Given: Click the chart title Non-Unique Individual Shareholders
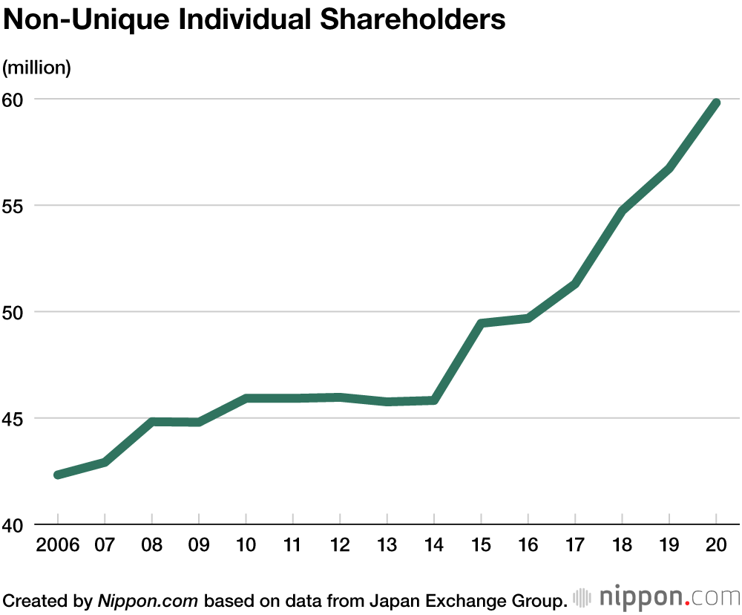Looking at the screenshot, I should (255, 20).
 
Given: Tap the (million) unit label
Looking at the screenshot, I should (37, 68).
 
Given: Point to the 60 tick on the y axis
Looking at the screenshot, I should (16, 99).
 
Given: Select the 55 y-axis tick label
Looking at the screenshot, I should (16, 206).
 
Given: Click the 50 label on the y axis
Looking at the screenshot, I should (16, 312).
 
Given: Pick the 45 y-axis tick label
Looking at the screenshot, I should (16, 418).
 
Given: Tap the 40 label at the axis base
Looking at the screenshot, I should (16, 524).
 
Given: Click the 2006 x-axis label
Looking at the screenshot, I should (57, 546).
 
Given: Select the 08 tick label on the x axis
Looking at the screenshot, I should (152, 546).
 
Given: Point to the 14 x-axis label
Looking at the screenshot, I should (434, 546).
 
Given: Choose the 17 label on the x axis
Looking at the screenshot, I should (575, 546).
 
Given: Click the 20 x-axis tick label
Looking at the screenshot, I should (716, 546).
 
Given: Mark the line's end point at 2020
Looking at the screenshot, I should (716, 102).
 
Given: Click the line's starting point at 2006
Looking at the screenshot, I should (58, 475).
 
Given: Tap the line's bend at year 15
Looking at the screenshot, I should (481, 323).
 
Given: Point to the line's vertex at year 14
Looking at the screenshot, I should (434, 400).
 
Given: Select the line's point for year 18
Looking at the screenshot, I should (622, 211).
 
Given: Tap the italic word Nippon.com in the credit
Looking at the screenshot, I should (148, 599).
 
